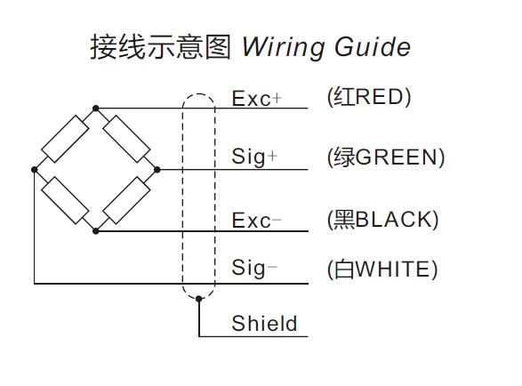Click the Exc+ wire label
tap(257, 99)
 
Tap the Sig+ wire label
tap(254, 157)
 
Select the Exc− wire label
tap(257, 221)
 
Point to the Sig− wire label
tap(254, 268)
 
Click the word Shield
tap(264, 323)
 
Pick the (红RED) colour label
tap(369, 97)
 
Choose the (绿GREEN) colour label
tap(386, 157)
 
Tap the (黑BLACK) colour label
tap(383, 220)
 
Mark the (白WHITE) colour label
tap(382, 269)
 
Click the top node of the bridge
tap(95, 109)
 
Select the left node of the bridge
tap(34, 170)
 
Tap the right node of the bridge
tap(157, 170)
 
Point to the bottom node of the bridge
tap(95, 231)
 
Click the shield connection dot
tap(198, 299)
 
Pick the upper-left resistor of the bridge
tap(65, 139)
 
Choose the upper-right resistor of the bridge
tap(126, 139)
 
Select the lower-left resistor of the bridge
tap(65, 200)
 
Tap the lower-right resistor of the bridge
tap(126, 200)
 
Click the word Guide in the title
tap(373, 47)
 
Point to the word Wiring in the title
tap(284, 48)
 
